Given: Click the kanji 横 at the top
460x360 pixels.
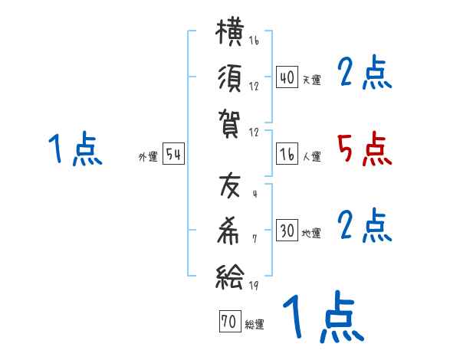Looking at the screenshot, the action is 230,31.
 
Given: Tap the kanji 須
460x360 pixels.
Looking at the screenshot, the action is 230,79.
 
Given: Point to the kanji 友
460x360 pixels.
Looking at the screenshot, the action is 230,185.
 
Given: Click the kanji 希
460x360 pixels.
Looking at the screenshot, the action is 228,231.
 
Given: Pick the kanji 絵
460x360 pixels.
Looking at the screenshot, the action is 230,277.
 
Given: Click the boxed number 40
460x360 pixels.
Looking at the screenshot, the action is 287,77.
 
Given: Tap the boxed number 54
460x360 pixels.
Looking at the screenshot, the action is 173,154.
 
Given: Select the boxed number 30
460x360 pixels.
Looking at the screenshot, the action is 287,230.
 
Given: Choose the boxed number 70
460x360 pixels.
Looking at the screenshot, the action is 230,321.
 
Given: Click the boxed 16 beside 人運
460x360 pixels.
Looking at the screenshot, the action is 287,154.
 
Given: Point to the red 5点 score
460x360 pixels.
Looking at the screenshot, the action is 365,149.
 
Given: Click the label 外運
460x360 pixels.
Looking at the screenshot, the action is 148,157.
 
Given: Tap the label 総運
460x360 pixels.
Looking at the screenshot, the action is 255,324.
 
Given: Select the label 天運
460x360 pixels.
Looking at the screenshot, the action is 311,80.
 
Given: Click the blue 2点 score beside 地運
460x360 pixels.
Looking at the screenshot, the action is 364,225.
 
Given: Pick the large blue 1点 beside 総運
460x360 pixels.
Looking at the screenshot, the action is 324,316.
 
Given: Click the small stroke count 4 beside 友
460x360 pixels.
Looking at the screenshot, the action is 255,194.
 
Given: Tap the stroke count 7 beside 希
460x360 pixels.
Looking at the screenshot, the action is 255,239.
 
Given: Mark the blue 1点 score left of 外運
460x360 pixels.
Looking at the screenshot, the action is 75,149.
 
